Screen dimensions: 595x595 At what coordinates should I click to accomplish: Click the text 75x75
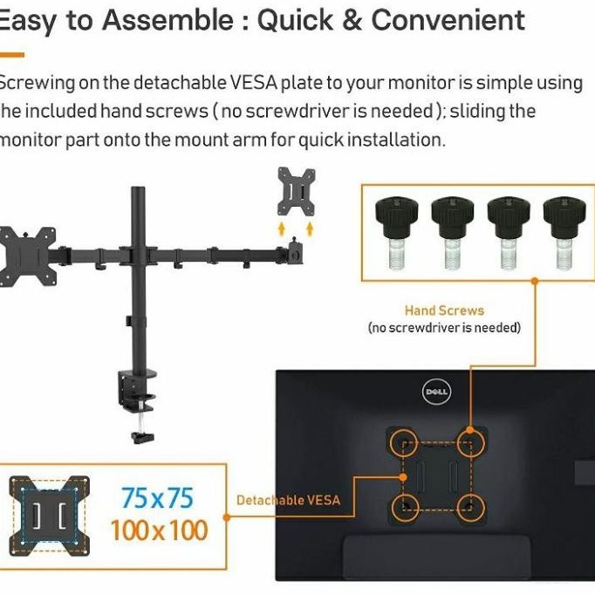click(157, 498)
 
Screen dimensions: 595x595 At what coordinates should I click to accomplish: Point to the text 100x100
click(159, 530)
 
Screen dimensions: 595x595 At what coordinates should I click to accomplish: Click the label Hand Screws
click(444, 310)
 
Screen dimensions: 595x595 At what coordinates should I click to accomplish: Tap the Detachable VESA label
click(288, 500)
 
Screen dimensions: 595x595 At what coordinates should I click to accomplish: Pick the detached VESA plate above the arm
click(296, 191)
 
